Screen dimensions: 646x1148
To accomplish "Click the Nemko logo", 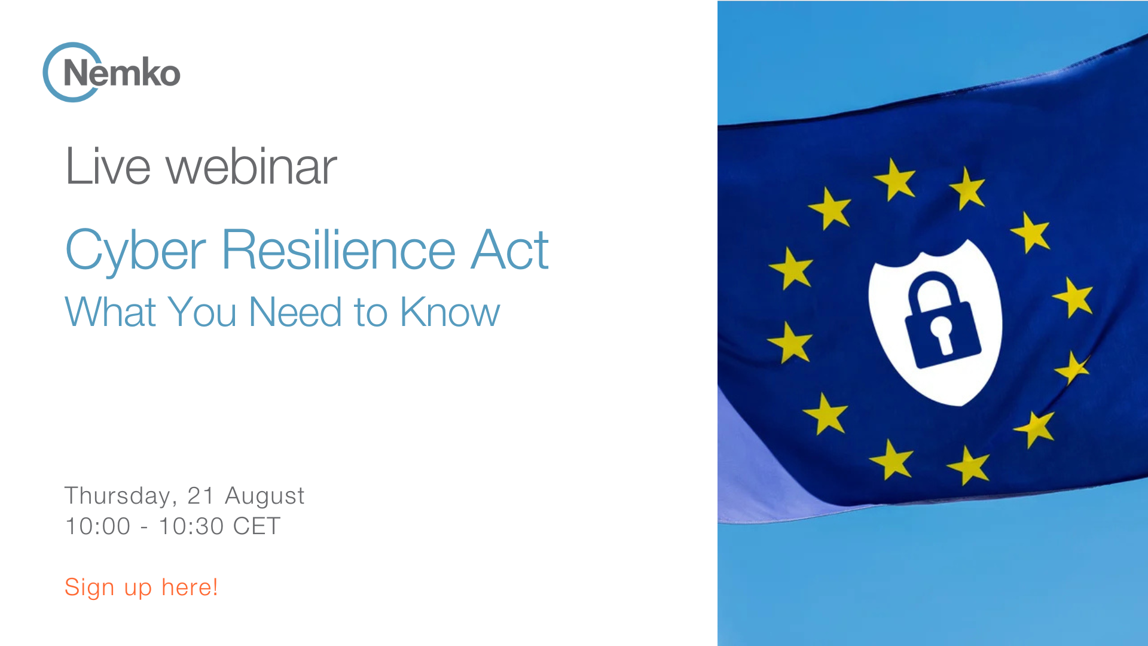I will pos(112,72).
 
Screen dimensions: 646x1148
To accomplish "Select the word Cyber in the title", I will pos(135,251).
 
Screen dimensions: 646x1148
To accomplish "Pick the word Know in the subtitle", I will pos(450,312).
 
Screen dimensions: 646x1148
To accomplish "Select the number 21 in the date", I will pos(201,496).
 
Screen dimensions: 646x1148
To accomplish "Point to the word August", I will pos(264,496).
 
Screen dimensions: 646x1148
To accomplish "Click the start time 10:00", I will pos(97,526).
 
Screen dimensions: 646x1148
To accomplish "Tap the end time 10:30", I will pos(191,526).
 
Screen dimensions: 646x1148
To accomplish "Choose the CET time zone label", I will pos(257,526).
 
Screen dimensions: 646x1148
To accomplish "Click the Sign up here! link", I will pos(141,587).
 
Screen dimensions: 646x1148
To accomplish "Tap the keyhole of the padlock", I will pos(942,331).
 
